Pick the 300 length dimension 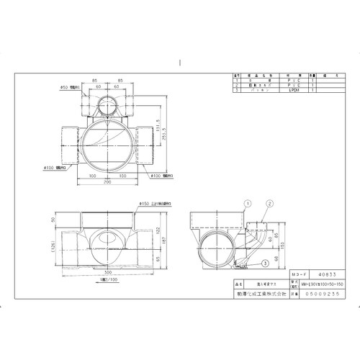[109, 274]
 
